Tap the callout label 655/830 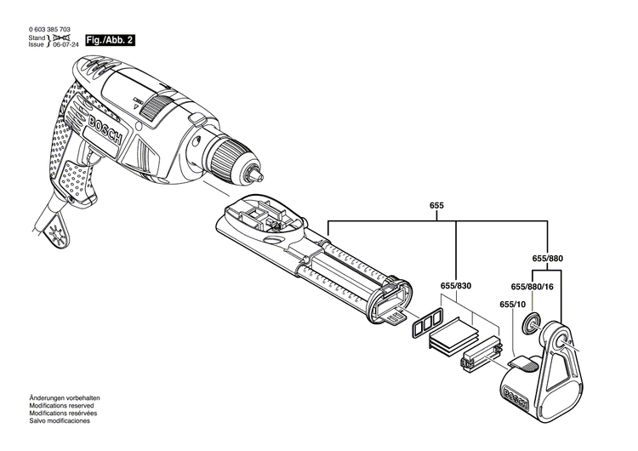pyautogui.click(x=457, y=286)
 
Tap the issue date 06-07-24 pyautogui.click(x=68, y=44)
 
